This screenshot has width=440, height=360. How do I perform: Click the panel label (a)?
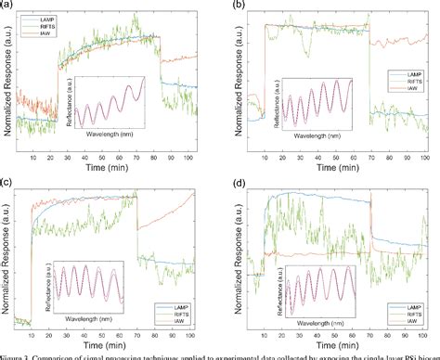click(8, 5)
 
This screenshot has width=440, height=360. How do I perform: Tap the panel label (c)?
click(8, 182)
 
